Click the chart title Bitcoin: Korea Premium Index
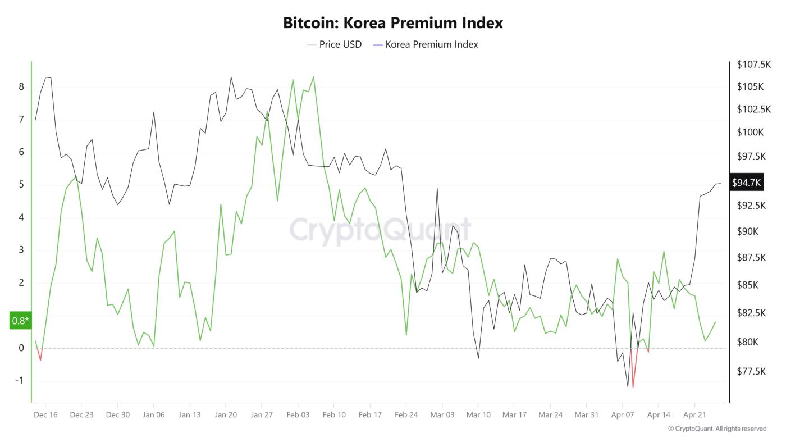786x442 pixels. pos(392,23)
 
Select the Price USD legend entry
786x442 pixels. pos(335,44)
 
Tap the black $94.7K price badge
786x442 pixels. pos(746,183)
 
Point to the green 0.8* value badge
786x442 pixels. pos(20,321)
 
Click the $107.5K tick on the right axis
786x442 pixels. pos(753,65)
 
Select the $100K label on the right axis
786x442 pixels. pos(750,133)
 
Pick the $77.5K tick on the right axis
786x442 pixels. pos(751,371)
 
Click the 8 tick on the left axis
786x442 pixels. pos(21,87)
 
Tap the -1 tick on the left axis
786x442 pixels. pos(20,381)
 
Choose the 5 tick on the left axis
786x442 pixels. pos(21,185)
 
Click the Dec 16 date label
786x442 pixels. pos(45,415)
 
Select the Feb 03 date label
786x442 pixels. pos(298,415)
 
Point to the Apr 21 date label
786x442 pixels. pos(694,415)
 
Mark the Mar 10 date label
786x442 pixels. pos(478,415)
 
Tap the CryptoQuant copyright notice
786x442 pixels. pos(717,429)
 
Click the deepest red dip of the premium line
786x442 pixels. pos(633,387)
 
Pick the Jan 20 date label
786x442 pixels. pos(226,415)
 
